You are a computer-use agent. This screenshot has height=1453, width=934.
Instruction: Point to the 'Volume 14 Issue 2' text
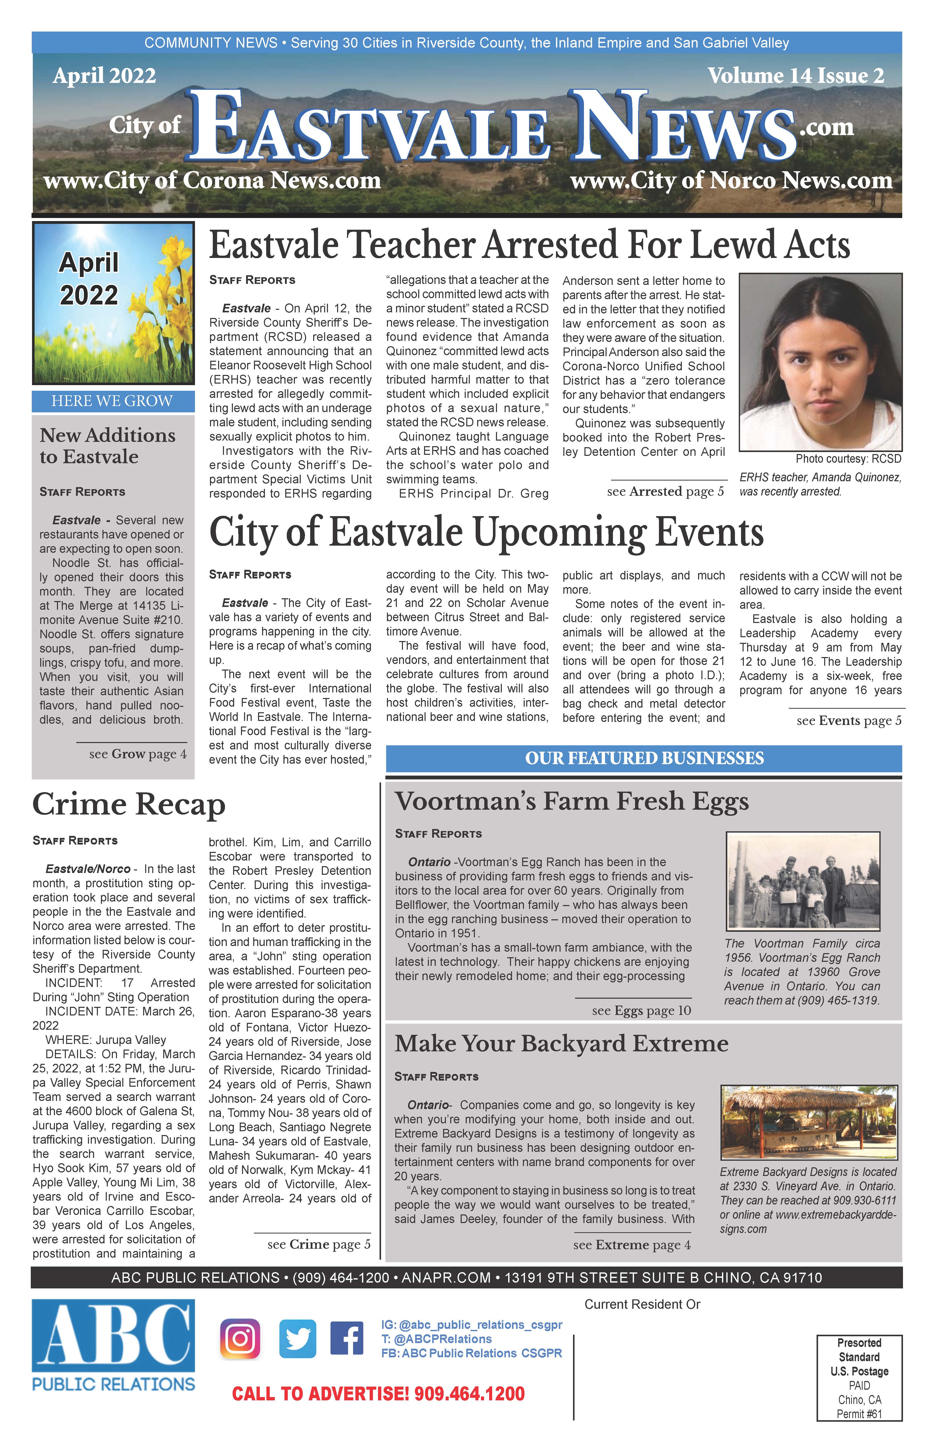point(796,76)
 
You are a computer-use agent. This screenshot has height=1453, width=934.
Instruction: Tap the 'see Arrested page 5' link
point(665,491)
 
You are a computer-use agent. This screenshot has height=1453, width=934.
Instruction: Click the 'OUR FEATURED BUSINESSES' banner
point(644,758)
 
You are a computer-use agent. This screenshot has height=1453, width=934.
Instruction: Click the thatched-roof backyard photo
point(808,1122)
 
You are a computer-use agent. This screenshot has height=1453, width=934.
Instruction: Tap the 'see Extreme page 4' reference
point(631,1245)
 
